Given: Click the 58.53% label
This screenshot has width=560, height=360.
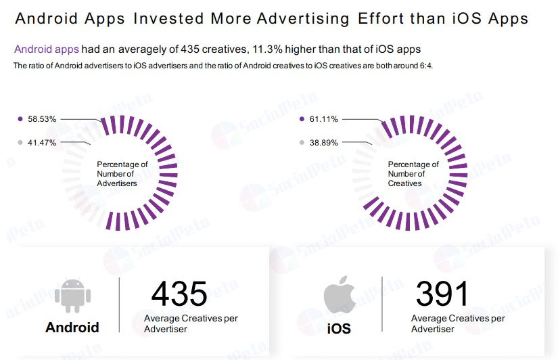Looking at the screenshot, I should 42,119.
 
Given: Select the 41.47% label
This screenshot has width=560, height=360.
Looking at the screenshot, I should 42,142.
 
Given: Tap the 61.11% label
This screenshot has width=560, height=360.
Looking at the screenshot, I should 323,119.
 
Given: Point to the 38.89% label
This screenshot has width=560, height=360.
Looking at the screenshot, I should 323,142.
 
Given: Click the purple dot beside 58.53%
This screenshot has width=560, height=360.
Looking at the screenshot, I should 20,119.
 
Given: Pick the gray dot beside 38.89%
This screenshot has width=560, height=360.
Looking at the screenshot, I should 302,142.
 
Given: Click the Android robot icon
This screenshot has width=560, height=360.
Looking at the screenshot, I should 72,296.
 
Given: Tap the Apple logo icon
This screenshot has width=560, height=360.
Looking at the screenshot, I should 339,296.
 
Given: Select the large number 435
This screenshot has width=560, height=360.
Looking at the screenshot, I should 179,293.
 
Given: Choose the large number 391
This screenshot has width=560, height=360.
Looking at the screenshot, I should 442,293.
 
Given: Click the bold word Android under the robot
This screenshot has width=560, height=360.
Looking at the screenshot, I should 72,328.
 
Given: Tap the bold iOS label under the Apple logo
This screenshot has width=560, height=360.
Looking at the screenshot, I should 339,329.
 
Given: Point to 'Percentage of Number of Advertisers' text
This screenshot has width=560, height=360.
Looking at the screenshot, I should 122,174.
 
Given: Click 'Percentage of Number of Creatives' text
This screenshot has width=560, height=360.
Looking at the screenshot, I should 413,174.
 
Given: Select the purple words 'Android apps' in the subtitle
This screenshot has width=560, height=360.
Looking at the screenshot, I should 47,49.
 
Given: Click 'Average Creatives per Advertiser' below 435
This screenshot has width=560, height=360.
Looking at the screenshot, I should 191,323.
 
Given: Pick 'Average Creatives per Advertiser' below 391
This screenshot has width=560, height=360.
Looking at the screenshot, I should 458,323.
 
